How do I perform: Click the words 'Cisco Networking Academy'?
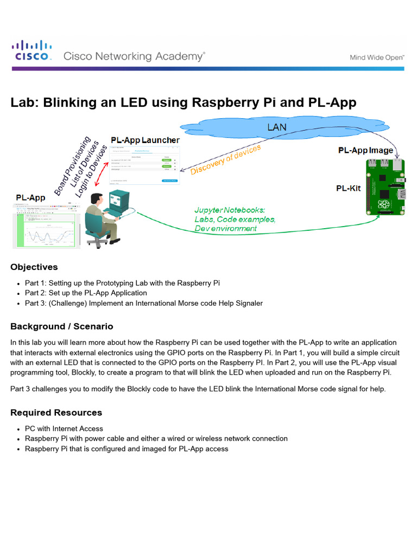click(x=134, y=56)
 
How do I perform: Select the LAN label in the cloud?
click(x=277, y=127)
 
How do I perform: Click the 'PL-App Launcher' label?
click(x=145, y=140)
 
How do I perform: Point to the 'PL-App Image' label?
click(x=365, y=150)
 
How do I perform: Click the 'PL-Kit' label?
click(x=348, y=189)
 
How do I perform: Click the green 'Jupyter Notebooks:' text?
click(x=230, y=210)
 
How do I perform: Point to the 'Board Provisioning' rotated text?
click(x=72, y=166)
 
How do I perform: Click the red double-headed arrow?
click(x=99, y=172)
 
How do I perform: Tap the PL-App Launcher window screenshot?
click(x=145, y=166)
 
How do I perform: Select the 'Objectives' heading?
click(x=34, y=267)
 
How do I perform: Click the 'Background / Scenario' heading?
click(x=62, y=326)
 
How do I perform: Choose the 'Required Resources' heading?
click(x=56, y=412)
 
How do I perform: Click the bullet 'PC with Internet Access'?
click(x=64, y=429)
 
